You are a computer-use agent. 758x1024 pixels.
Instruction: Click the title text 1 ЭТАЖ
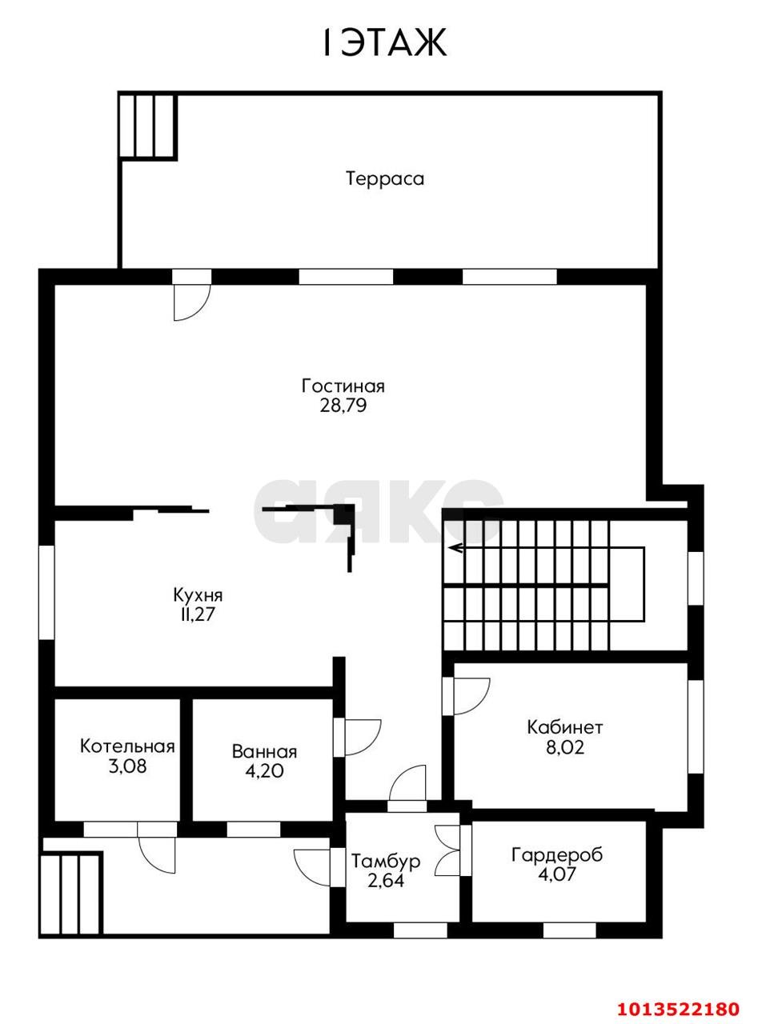384,42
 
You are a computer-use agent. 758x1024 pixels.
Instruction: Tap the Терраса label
385,178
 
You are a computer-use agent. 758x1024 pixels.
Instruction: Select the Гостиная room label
343,386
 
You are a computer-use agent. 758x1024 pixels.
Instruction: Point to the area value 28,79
343,405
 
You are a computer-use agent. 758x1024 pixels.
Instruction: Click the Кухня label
199,595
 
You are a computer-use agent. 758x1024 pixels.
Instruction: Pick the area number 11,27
199,614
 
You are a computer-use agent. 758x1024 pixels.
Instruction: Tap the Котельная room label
127,746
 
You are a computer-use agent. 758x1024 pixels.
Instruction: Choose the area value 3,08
127,766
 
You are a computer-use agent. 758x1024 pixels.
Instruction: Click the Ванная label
264,752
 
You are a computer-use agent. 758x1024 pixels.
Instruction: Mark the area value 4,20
264,771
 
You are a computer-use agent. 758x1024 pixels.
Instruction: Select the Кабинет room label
565,728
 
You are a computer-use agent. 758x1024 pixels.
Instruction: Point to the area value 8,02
565,747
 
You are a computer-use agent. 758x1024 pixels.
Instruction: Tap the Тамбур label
386,862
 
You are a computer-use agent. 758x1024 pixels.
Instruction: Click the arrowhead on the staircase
457,549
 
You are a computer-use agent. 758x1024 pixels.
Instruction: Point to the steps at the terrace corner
148,126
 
